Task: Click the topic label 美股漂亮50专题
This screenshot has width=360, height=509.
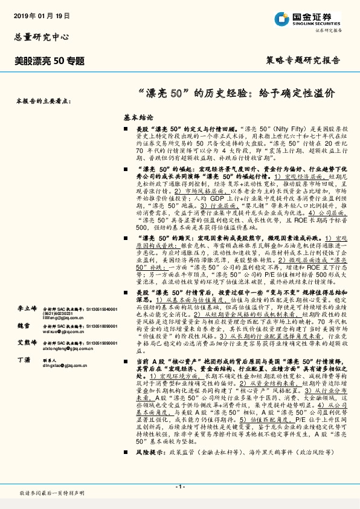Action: coord(50,61)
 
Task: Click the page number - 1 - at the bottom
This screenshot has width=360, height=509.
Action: coord(179,486)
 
